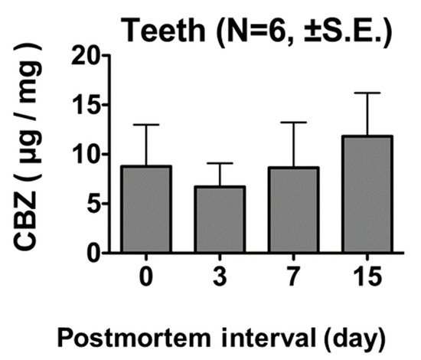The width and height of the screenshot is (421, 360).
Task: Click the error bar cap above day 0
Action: (145, 125)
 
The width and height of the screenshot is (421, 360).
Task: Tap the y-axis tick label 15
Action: (90, 105)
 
